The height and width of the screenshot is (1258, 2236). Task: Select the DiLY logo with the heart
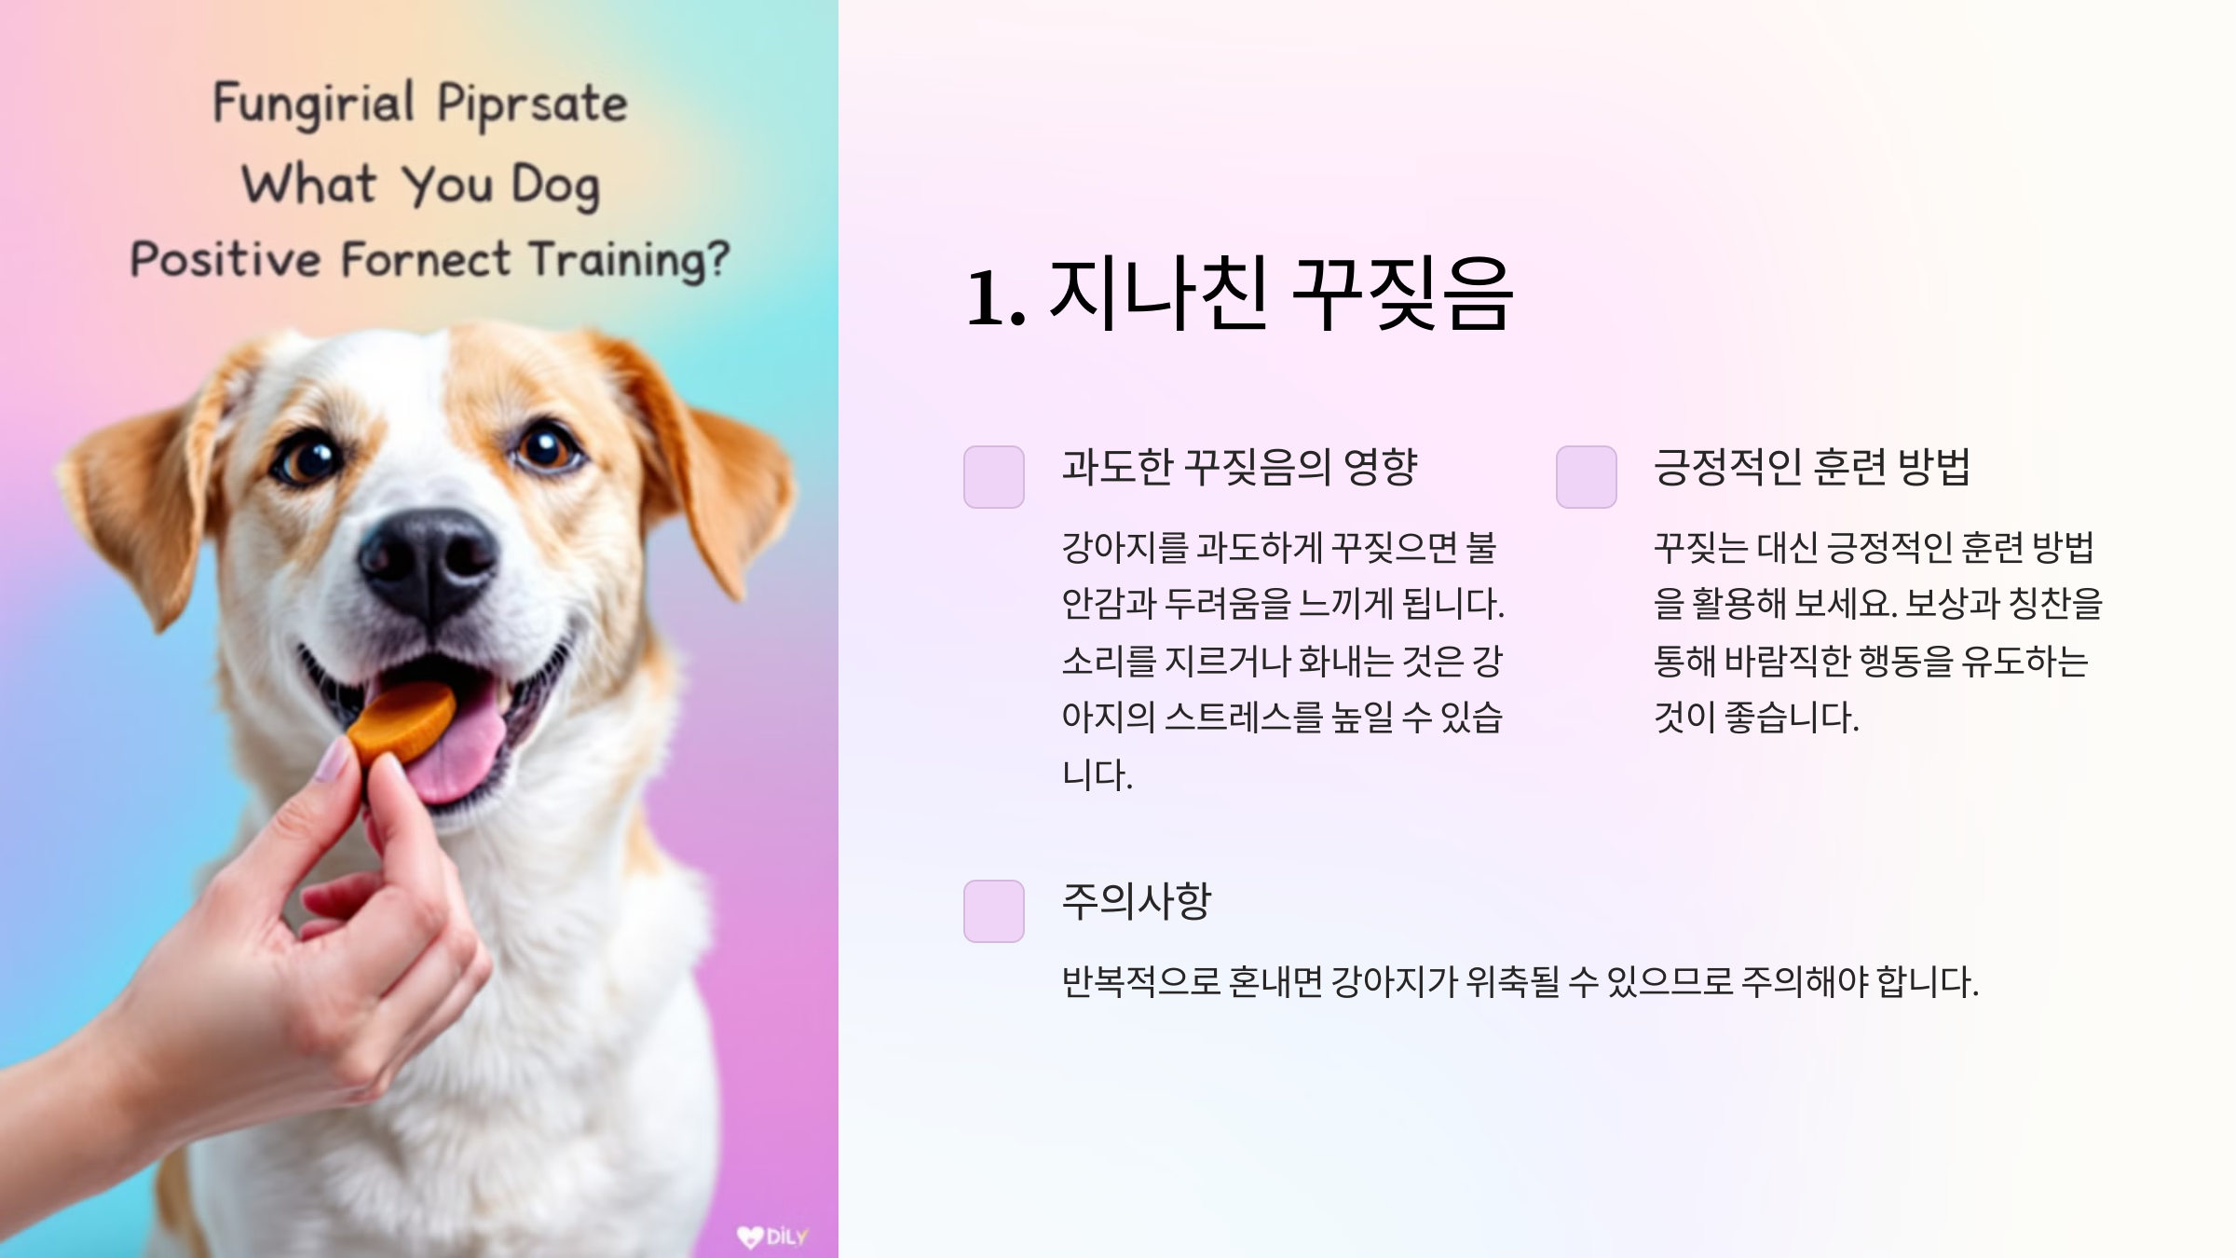(772, 1237)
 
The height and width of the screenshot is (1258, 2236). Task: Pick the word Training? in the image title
(630, 260)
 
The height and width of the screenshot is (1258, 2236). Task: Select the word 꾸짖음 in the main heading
(1403, 294)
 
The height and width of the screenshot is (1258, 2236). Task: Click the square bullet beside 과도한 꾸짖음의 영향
(994, 477)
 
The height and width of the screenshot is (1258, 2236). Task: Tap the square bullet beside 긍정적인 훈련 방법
(1586, 477)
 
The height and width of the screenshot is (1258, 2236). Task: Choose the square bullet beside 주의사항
(994, 910)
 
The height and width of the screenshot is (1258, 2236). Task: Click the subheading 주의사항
(1136, 901)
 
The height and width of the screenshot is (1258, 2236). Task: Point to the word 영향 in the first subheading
(1381, 467)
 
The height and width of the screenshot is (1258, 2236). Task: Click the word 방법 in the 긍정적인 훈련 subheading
(1935, 467)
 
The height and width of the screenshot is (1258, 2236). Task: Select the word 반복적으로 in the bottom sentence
(1140, 981)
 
